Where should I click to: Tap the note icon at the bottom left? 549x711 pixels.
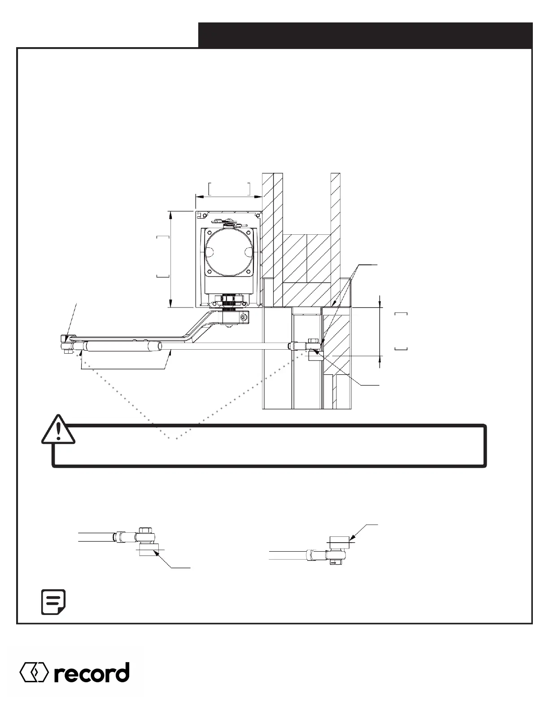click(53, 602)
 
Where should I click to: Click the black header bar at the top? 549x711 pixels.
click(365, 35)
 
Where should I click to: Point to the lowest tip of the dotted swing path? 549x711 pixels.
click(176, 439)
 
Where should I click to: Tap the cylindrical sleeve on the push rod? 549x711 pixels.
click(122, 346)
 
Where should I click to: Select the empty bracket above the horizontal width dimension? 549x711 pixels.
click(229, 189)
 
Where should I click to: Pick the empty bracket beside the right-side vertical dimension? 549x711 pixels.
click(401, 331)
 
